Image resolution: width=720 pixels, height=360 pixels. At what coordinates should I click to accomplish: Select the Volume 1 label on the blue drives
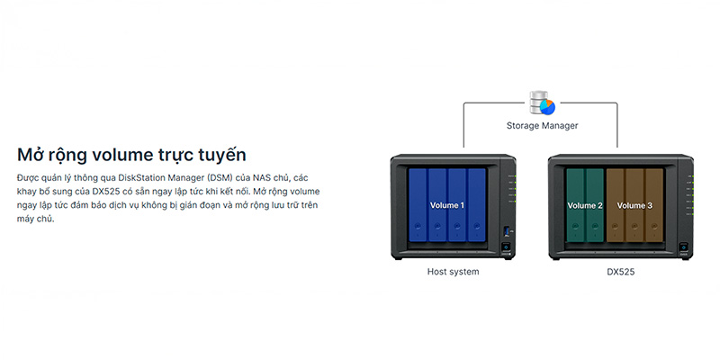(447, 206)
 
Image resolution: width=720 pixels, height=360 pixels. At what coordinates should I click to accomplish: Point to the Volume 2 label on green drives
(585, 206)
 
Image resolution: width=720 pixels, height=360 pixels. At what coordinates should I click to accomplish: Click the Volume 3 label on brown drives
(634, 206)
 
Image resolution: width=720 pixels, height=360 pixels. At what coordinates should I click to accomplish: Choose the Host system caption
(453, 271)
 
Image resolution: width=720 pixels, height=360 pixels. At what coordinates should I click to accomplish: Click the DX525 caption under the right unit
(620, 271)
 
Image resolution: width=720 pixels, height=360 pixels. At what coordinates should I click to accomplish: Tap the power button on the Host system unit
(508, 247)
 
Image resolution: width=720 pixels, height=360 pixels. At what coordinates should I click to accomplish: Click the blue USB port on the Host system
(508, 229)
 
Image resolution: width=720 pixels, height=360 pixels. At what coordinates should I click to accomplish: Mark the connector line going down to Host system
(464, 126)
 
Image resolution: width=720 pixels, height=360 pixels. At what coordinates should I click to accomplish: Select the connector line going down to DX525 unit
(617, 126)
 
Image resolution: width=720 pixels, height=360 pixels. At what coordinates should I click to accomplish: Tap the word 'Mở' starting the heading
(32, 154)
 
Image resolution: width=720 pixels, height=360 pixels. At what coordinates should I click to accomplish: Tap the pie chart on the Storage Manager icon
(547, 106)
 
